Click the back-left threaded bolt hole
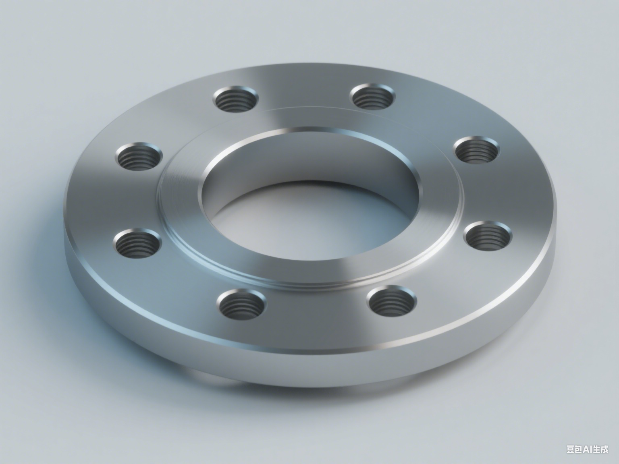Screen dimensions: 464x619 click(x=236, y=99)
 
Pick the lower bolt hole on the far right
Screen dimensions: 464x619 click(x=487, y=236)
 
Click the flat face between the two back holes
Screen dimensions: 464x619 click(x=304, y=91)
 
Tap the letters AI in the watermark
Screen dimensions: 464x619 click(x=590, y=449)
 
